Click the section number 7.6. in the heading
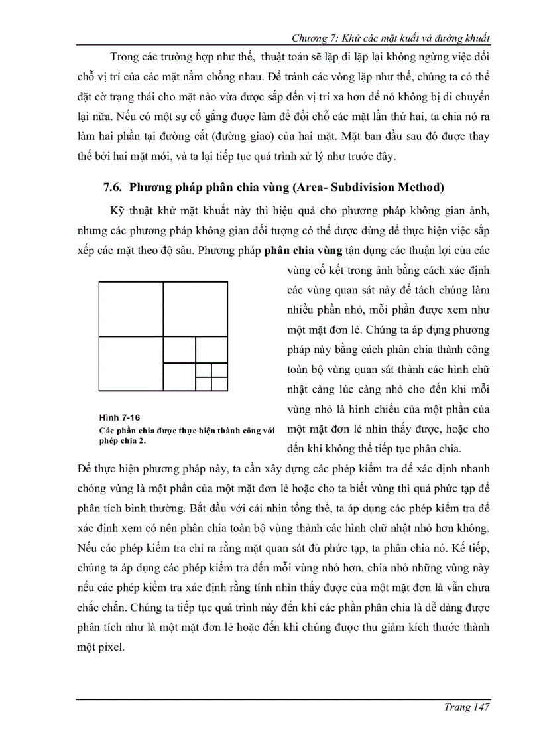pyautogui.click(x=115, y=187)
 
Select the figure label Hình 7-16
pyautogui.click(x=119, y=417)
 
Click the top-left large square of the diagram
pyautogui.click(x=131, y=309)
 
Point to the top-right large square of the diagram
pyautogui.click(x=196, y=309)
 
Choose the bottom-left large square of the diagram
pyautogui.click(x=131, y=364)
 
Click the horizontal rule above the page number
pyautogui.click(x=283, y=699)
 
